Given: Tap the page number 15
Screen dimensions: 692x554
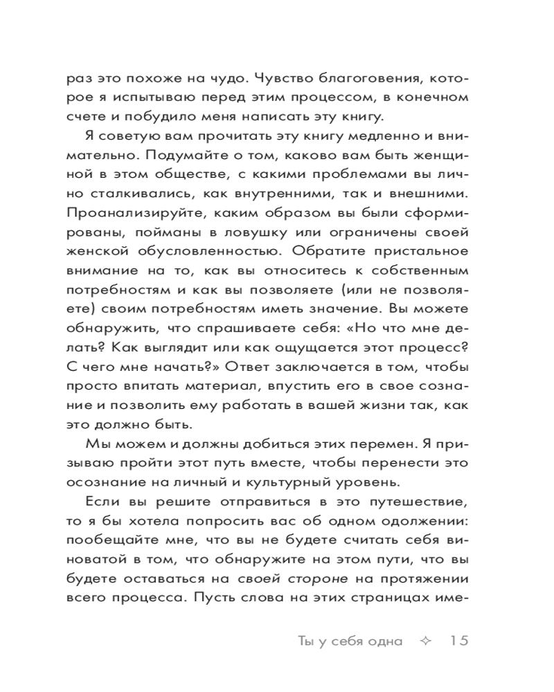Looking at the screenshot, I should pos(456,640).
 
